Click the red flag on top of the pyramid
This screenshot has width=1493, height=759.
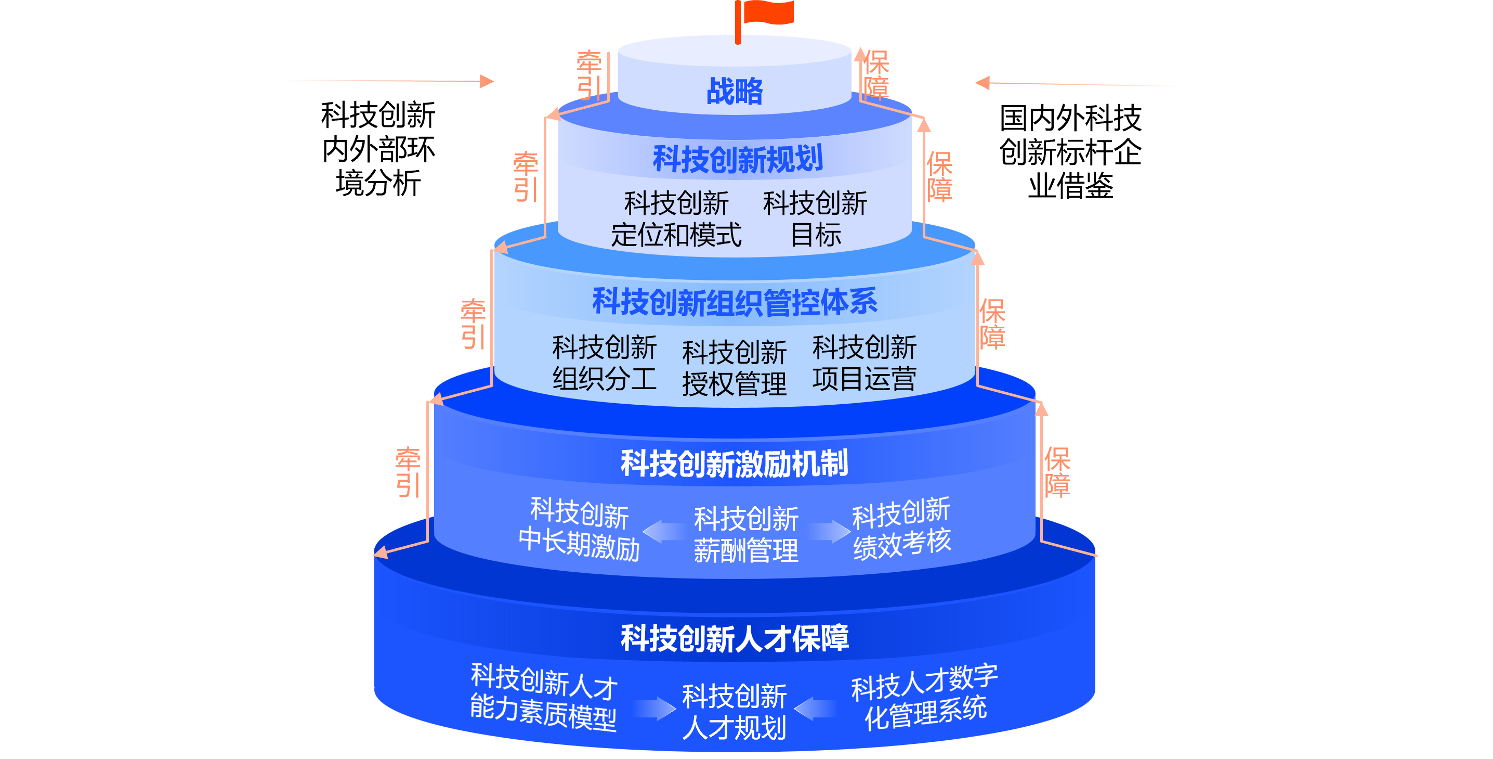tap(766, 13)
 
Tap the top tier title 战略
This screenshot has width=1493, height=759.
tap(735, 92)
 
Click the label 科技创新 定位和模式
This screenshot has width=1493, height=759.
tap(676, 219)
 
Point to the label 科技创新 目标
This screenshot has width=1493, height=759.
tap(815, 219)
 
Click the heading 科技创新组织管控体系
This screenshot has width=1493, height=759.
tap(735, 302)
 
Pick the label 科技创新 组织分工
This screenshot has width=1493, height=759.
tap(604, 363)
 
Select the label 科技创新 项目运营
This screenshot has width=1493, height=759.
tap(863, 363)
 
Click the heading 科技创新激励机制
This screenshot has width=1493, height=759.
tap(735, 464)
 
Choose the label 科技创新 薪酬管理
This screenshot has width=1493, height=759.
tap(746, 534)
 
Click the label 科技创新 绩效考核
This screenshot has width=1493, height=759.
tap(901, 528)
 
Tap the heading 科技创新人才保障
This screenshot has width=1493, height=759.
tap(735, 638)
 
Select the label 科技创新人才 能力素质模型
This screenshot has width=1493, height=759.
tap(543, 697)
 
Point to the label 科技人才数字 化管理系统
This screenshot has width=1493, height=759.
tap(925, 697)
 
